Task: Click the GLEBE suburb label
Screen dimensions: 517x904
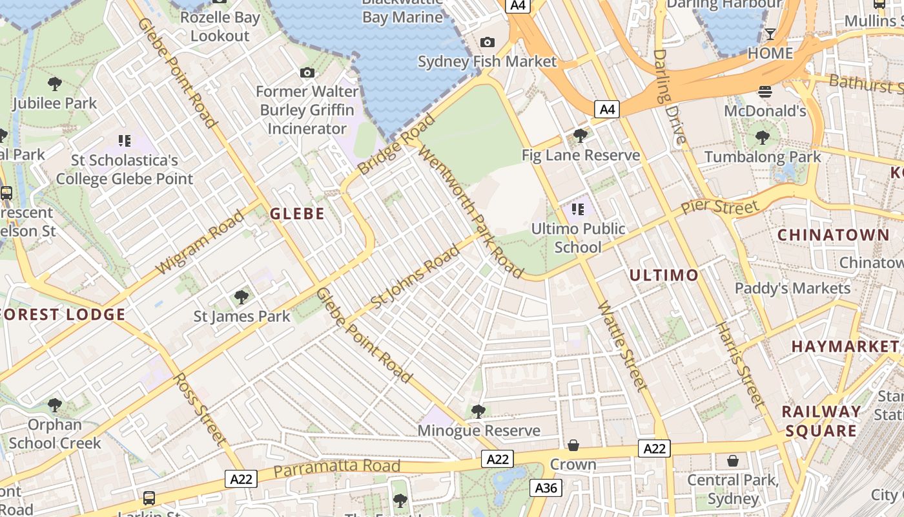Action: [297, 214]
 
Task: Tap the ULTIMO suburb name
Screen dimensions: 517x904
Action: [664, 275]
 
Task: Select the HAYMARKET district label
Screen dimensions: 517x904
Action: [845, 346]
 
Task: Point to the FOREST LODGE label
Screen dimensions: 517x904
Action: [63, 315]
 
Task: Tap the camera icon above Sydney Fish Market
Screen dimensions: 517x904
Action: [488, 43]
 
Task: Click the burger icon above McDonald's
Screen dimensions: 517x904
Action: [765, 92]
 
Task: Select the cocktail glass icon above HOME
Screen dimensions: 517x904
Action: [770, 34]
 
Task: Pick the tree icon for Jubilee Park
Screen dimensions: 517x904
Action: [55, 83]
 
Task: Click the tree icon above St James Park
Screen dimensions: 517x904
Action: [241, 297]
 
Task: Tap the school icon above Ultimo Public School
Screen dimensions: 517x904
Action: [578, 209]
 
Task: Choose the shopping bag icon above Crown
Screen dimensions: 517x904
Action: [573, 445]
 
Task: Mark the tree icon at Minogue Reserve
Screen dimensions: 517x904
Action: [478, 411]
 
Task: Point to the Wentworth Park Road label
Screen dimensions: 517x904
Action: [471, 212]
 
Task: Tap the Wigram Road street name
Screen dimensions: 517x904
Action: [201, 241]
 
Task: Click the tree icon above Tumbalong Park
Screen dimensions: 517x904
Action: [763, 137]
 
